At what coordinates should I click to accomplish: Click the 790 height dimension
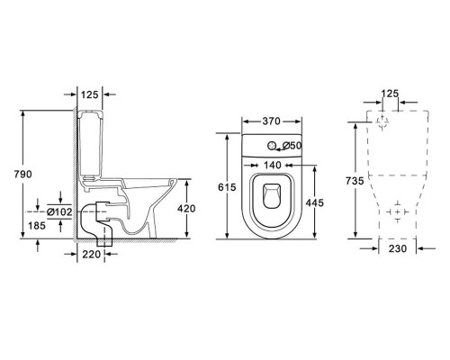(x=22, y=174)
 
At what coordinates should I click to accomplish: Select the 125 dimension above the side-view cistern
(x=90, y=94)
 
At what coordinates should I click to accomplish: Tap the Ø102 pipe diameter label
(x=59, y=211)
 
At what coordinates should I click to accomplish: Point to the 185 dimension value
(x=37, y=225)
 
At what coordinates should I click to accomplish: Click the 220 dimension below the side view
(x=91, y=255)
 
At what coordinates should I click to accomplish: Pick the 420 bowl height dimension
(x=186, y=208)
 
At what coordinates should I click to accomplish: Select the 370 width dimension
(x=271, y=121)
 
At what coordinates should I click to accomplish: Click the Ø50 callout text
(x=292, y=146)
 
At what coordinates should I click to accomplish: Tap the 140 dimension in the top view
(x=273, y=165)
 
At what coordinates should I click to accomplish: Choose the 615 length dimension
(x=227, y=187)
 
